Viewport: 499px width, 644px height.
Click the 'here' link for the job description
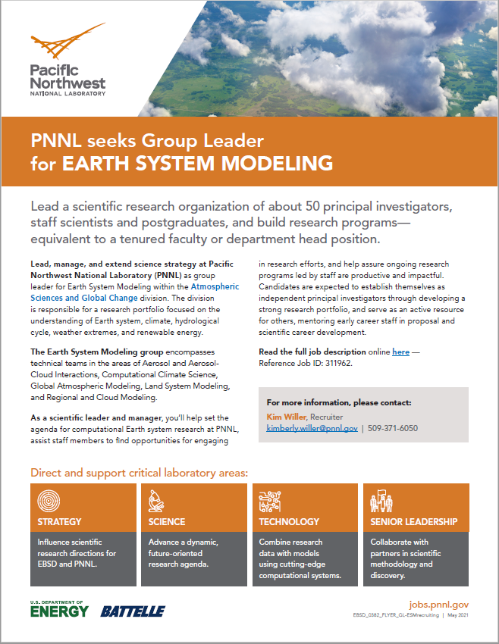pos(400,352)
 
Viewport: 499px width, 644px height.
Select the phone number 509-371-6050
pos(394,428)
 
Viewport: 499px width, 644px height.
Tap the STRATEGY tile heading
pos(60,522)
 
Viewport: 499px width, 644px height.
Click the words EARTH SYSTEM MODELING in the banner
pos(197,163)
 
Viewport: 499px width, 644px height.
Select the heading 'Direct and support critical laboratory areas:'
pos(139,473)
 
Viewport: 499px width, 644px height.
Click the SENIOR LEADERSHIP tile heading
pos(413,522)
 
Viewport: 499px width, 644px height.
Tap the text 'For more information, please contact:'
pos(339,402)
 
